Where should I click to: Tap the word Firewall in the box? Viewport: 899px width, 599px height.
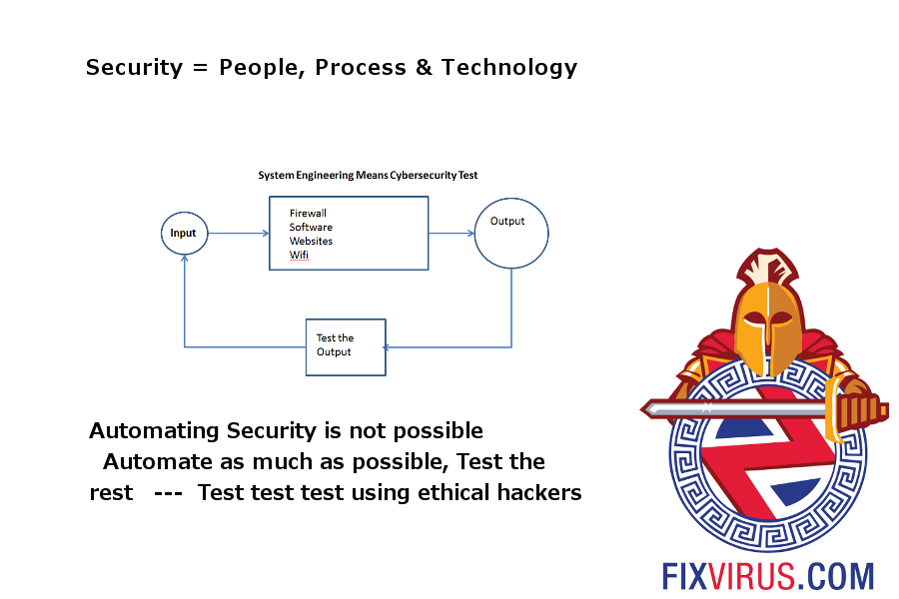tap(308, 214)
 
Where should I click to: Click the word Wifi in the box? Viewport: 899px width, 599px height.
tap(299, 255)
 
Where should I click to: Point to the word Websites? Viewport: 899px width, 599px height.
tap(311, 241)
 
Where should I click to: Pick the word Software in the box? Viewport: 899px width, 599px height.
tap(311, 227)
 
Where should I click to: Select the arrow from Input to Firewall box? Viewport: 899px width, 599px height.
tap(239, 234)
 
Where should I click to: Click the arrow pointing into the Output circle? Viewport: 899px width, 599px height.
tap(451, 234)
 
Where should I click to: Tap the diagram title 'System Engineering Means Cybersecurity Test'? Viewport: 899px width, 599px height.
tap(368, 175)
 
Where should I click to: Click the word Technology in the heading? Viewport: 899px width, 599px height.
tap(509, 68)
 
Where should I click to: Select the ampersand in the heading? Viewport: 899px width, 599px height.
tap(424, 67)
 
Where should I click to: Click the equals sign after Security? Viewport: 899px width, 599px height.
tap(200, 68)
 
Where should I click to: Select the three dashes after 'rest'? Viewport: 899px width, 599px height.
tap(168, 493)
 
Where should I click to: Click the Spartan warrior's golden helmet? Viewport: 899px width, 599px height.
tap(768, 321)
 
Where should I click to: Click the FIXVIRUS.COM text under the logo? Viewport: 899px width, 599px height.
tap(768, 576)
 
